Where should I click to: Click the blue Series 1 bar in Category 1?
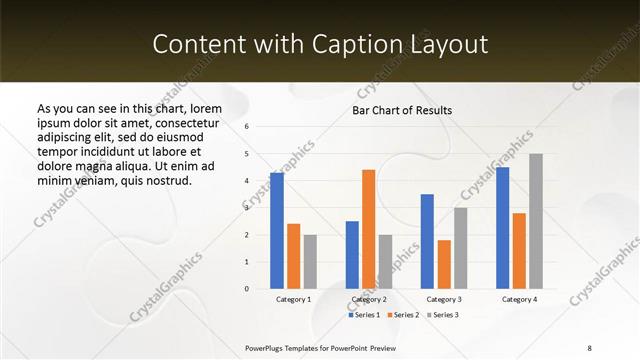(277, 231)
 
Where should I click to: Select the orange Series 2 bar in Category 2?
(368, 229)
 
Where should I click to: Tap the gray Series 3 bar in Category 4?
(536, 221)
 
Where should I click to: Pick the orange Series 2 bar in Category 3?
(444, 264)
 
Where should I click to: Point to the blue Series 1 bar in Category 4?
(502, 228)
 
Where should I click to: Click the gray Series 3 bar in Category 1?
(310, 262)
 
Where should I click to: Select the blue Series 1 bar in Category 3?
(427, 241)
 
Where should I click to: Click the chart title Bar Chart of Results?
(402, 110)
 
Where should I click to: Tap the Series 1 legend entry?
(363, 315)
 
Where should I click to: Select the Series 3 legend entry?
(443, 315)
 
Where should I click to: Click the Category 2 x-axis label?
(368, 299)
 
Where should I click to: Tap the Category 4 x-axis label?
(519, 299)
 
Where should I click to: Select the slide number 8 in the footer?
(589, 347)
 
